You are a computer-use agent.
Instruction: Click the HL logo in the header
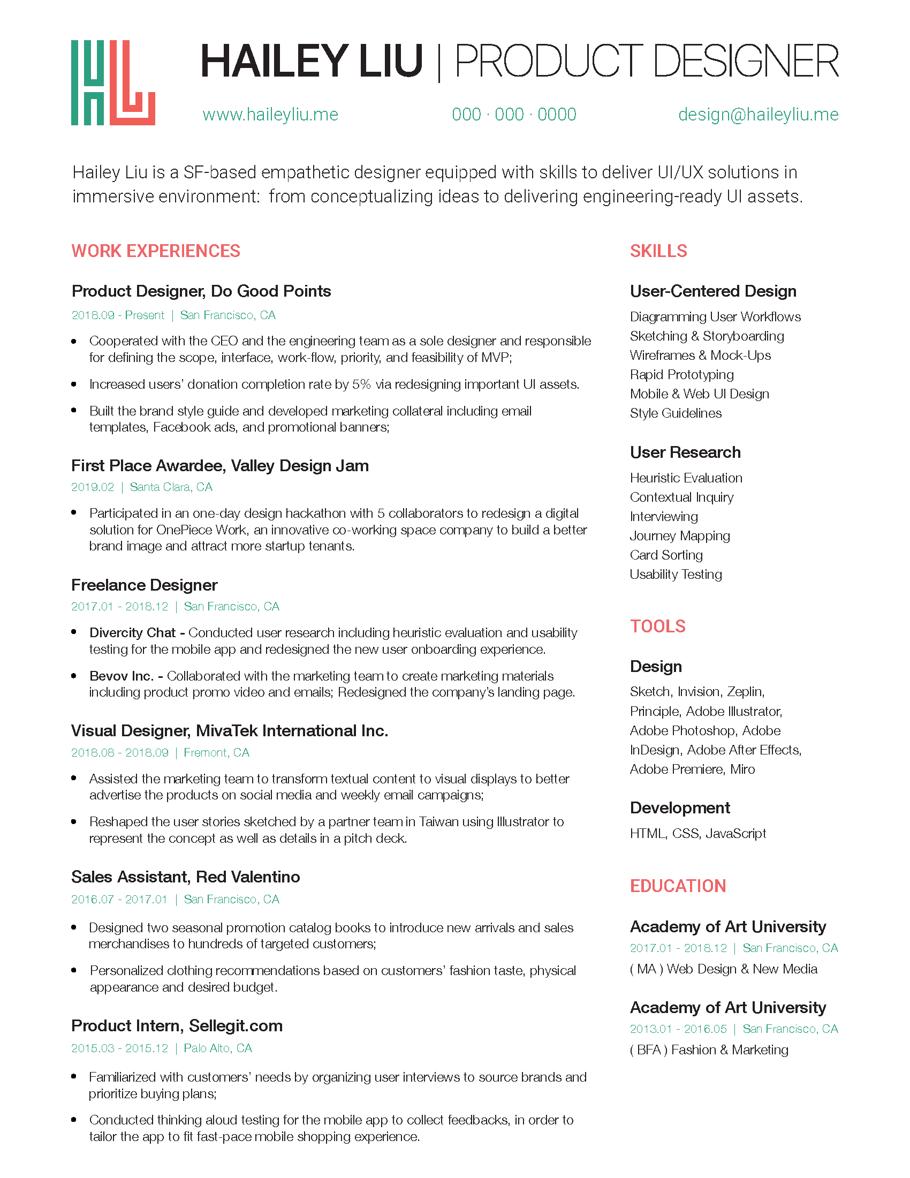(112, 82)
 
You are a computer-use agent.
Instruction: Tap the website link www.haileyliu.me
(270, 115)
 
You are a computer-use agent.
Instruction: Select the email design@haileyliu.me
(758, 115)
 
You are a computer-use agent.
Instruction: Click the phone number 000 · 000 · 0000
(514, 115)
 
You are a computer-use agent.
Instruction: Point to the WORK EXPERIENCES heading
(156, 251)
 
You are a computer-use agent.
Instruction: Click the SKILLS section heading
(658, 251)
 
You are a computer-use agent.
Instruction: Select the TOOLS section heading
(658, 626)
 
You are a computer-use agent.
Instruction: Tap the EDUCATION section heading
(678, 886)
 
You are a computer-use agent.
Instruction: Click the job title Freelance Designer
(145, 585)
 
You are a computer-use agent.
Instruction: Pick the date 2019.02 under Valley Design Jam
(93, 487)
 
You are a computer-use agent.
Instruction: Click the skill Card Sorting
(666, 555)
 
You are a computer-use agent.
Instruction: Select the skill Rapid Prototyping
(681, 374)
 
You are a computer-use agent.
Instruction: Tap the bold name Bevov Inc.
(122, 676)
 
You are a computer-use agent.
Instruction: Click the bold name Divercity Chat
(133, 632)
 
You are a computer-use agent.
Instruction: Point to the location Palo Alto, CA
(218, 1048)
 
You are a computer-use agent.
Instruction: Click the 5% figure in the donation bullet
(361, 384)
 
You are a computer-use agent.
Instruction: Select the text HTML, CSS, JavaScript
(697, 833)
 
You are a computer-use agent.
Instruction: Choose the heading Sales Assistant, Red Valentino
(185, 877)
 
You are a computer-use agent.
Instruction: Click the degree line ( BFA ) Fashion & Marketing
(709, 1049)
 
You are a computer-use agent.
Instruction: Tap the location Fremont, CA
(216, 752)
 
